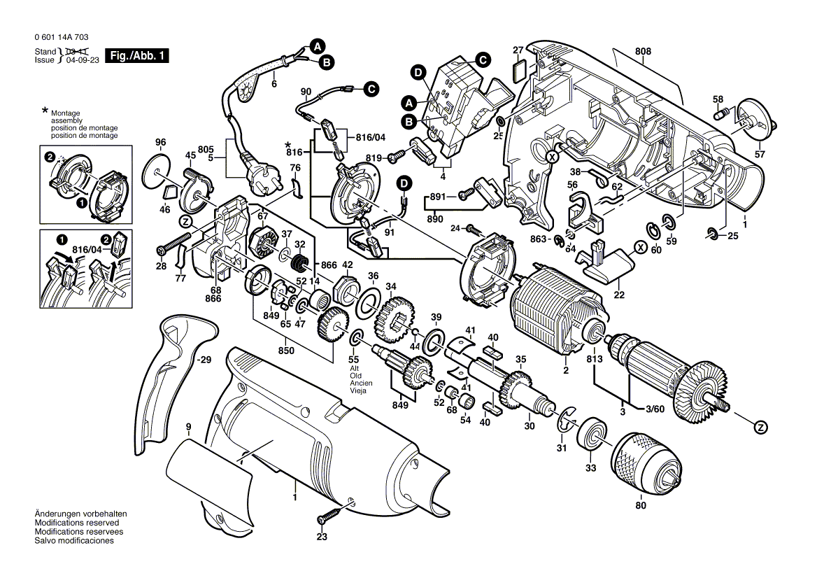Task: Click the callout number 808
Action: [644, 51]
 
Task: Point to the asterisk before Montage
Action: [45, 111]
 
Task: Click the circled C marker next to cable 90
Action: [371, 89]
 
